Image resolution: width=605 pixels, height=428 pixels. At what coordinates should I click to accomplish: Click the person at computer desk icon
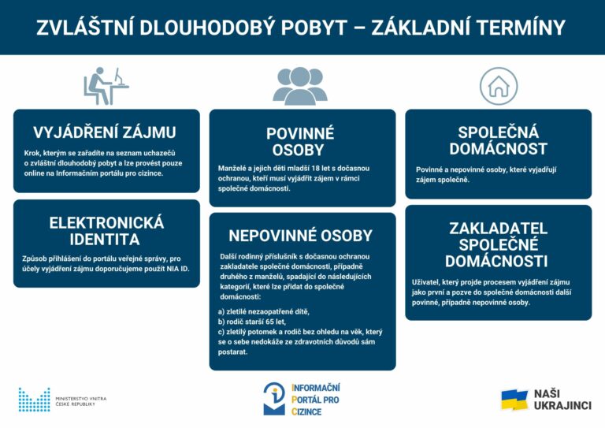point(106,85)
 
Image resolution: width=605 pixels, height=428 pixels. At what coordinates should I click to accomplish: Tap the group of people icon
point(300,85)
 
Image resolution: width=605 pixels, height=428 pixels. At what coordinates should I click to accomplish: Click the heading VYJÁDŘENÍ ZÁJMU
point(105,132)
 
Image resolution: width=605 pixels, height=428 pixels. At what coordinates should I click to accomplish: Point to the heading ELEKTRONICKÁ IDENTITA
point(106,230)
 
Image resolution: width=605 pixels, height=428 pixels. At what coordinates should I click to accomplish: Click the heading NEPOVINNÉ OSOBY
point(300,235)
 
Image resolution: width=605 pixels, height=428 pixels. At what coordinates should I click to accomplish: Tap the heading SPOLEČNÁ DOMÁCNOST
point(498,140)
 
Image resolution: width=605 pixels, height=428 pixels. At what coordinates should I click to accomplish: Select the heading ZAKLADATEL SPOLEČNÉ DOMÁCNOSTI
point(498,244)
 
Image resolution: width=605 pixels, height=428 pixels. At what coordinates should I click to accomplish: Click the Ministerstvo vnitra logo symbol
point(34,400)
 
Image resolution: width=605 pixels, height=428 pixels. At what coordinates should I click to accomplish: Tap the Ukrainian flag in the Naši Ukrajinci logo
point(514,400)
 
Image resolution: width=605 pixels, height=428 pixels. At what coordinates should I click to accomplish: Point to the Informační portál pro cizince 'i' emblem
point(274,399)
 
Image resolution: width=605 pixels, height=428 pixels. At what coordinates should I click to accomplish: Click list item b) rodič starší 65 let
point(252,322)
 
